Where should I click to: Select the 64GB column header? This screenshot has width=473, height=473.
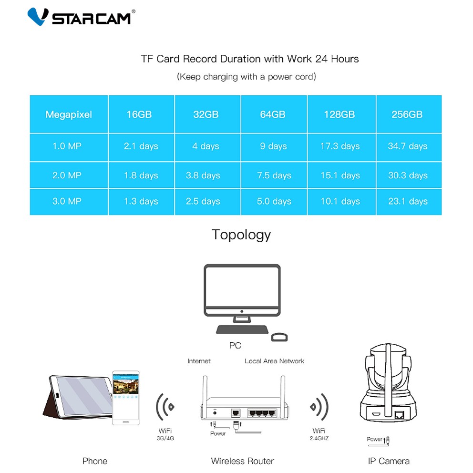tap(273, 114)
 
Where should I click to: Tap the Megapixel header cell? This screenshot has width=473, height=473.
tap(69, 114)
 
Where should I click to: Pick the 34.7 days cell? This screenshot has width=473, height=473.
tap(408, 146)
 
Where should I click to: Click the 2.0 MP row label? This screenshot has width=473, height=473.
tap(67, 175)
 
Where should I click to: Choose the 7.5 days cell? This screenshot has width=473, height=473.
tap(274, 175)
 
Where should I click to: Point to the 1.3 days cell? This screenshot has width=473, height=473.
tap(141, 201)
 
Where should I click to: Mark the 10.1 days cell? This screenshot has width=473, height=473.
tap(340, 201)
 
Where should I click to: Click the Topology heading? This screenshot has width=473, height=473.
tap(241, 235)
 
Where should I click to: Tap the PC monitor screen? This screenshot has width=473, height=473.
tap(242, 287)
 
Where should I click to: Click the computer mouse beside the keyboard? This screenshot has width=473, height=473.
tap(279, 337)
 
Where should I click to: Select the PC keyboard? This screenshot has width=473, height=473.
tap(242, 329)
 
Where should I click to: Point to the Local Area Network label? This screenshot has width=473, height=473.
tap(275, 361)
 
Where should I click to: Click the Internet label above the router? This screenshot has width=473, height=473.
tap(199, 361)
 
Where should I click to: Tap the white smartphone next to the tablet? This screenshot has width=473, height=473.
tap(126, 398)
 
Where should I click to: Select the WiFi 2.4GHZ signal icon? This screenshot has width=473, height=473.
tap(319, 407)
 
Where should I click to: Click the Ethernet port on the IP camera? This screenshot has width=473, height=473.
tap(400, 415)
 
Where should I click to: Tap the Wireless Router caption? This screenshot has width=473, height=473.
tap(243, 461)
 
